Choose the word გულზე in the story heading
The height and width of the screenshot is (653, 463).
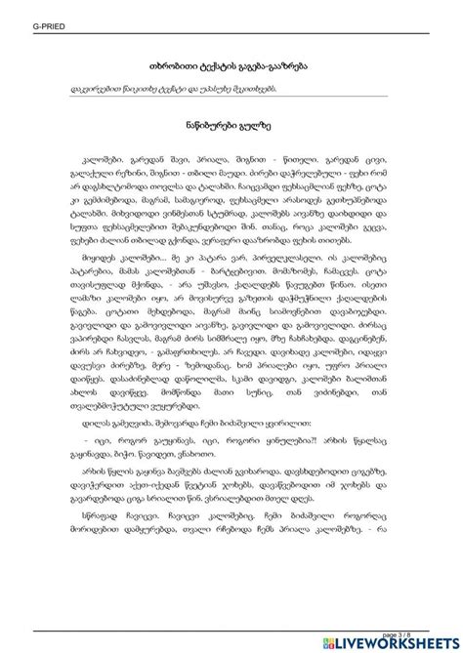coord(258,127)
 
